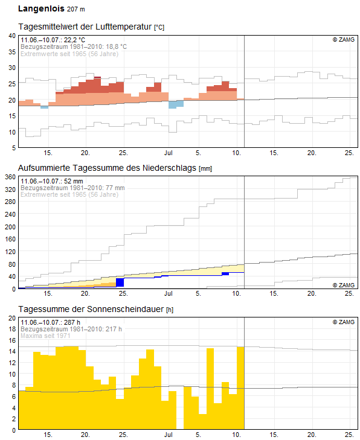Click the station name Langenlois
pos(40,9)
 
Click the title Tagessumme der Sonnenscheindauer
pos(91,309)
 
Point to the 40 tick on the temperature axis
pos(11,36)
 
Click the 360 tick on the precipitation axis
pos(10,177)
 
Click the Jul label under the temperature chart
pos(169,153)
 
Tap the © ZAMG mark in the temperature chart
pos(343,39)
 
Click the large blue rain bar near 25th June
pos(120,282)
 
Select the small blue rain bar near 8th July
pos(225,273)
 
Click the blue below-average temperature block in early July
pos(176,104)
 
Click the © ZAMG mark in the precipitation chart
pos(343,285)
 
